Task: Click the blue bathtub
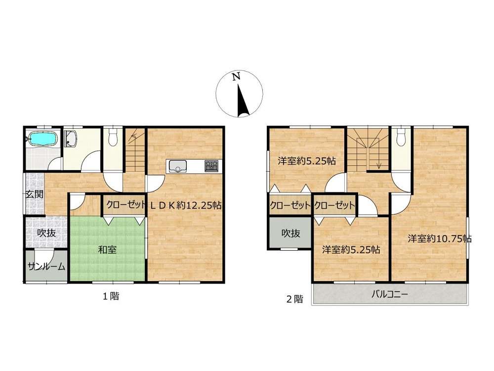[x=42, y=139]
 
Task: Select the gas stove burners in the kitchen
[x=211, y=166]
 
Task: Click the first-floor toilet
[x=112, y=137]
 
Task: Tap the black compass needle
[x=243, y=100]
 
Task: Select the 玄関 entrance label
[x=35, y=194]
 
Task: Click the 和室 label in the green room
[x=107, y=250]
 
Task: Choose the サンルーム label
[x=46, y=267]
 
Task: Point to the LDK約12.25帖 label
[x=186, y=206]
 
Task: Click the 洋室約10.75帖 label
[x=440, y=238]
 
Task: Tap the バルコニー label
[x=390, y=295]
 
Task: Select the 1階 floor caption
[x=111, y=296]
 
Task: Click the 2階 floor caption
[x=294, y=299]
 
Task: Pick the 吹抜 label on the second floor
[x=290, y=233]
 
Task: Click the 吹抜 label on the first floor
[x=46, y=233]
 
